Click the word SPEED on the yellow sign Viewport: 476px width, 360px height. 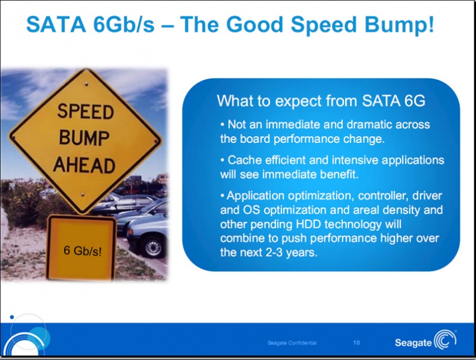pos(85,112)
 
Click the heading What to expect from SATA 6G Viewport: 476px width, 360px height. pos(321,101)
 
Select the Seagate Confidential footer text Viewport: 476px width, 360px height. pos(292,343)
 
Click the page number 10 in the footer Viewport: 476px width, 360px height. pos(357,343)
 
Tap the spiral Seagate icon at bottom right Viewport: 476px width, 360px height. pos(445,340)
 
